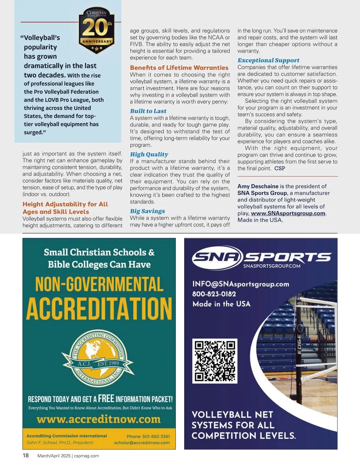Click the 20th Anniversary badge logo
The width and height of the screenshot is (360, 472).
(97, 30)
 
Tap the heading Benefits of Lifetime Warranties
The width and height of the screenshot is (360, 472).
(179, 68)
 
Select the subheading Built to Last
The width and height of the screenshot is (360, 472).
(148, 111)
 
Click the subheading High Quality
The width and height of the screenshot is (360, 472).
(149, 154)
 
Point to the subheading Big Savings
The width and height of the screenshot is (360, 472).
(147, 211)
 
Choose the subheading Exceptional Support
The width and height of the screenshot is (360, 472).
(268, 61)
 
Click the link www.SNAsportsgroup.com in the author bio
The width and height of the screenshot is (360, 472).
(288, 213)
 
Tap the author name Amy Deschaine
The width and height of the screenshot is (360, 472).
(258, 186)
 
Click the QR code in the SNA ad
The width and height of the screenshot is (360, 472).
(214, 361)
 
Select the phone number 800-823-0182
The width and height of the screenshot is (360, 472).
(214, 294)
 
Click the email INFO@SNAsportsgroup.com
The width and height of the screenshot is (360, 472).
(241, 284)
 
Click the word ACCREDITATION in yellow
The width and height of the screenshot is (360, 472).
(99, 309)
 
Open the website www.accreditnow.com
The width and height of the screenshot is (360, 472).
(99, 419)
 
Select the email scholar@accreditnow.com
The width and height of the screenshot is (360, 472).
(142, 443)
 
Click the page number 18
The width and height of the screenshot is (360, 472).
(26, 456)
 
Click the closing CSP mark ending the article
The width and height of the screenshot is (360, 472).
(280, 168)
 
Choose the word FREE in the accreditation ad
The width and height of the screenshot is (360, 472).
(106, 399)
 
